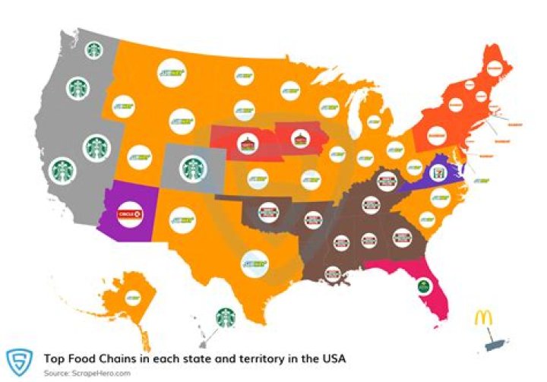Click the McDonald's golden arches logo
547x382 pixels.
pos(484,318)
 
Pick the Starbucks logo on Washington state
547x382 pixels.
pos(94,50)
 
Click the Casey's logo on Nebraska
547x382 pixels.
pos(245,141)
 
